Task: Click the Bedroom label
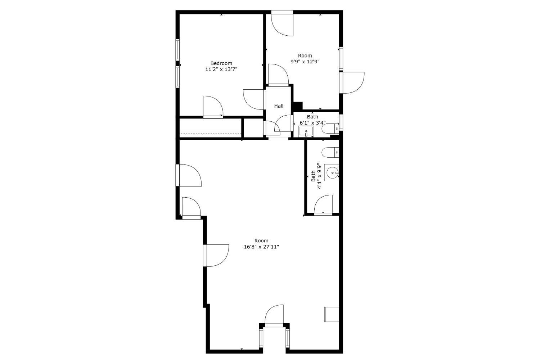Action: click(x=221, y=63)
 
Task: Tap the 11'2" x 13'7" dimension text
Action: click(x=221, y=69)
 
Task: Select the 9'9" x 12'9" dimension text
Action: click(x=305, y=62)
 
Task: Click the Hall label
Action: click(x=279, y=106)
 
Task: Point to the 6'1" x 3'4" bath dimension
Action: click(x=312, y=123)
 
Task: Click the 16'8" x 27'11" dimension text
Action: click(x=261, y=247)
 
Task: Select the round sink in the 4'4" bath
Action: click(x=332, y=172)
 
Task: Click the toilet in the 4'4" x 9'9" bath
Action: click(x=330, y=152)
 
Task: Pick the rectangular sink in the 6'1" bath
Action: click(x=306, y=132)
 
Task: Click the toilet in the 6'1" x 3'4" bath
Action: click(x=330, y=129)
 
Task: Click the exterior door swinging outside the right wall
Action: click(x=353, y=83)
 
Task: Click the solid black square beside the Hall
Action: click(x=298, y=106)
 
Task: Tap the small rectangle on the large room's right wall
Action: click(x=332, y=314)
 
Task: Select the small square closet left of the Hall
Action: click(x=253, y=128)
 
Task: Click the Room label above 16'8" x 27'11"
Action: click(x=261, y=240)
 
